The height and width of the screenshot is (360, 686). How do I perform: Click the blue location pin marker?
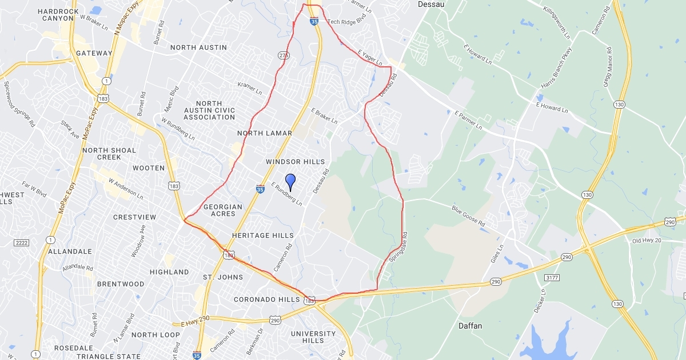(x=290, y=182)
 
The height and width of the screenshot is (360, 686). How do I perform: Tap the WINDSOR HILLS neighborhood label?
(x=295, y=162)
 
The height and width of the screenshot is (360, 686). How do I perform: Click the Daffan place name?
(x=470, y=326)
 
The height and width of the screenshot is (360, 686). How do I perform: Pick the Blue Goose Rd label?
(x=468, y=216)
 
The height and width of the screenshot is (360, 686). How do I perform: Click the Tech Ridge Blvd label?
(x=346, y=22)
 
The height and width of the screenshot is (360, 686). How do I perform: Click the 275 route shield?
(x=283, y=55)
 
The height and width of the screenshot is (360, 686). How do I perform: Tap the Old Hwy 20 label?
(x=647, y=241)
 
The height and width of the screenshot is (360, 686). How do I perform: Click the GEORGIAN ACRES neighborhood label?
(x=223, y=210)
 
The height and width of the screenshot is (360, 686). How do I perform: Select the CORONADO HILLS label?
(x=266, y=299)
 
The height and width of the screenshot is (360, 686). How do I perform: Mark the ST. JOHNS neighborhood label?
(x=223, y=277)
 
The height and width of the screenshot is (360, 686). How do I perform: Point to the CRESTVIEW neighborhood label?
(x=134, y=217)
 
